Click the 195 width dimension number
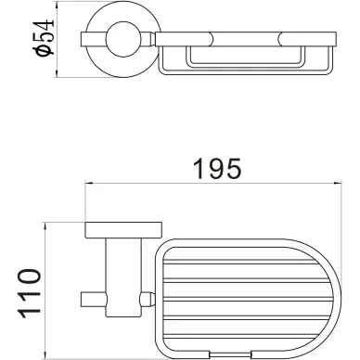(x=216, y=169)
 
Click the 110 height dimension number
(x=30, y=293)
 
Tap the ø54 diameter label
(x=45, y=38)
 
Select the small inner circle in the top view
(x=123, y=39)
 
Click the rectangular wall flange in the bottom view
(x=123, y=230)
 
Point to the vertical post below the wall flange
(x=123, y=277)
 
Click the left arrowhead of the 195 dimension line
(x=89, y=184)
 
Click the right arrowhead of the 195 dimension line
(x=338, y=184)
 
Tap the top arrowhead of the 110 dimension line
(x=45, y=226)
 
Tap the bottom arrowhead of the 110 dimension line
(x=45, y=354)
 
